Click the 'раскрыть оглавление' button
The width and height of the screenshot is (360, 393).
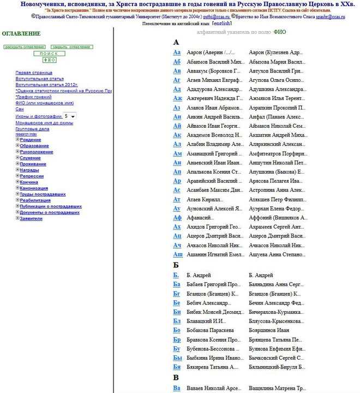(x=25, y=47)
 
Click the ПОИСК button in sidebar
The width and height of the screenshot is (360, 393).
(x=49, y=53)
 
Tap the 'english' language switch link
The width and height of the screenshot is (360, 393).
(x=221, y=24)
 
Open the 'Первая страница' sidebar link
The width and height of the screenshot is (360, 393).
(x=34, y=72)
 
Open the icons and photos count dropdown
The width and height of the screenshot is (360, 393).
(x=70, y=116)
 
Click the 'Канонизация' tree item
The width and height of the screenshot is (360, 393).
(x=34, y=188)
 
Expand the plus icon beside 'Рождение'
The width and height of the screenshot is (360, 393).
(x=17, y=139)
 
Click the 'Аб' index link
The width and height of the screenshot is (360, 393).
(x=177, y=62)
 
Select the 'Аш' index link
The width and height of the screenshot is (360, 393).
(x=178, y=254)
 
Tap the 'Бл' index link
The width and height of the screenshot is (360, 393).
(x=177, y=321)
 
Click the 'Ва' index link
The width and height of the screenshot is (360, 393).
(x=177, y=388)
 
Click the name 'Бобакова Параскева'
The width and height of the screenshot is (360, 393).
(x=210, y=330)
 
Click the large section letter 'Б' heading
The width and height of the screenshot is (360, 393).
(x=176, y=265)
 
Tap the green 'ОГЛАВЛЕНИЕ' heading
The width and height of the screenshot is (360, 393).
(x=21, y=34)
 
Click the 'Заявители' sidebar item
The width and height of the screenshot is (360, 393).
(x=31, y=218)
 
